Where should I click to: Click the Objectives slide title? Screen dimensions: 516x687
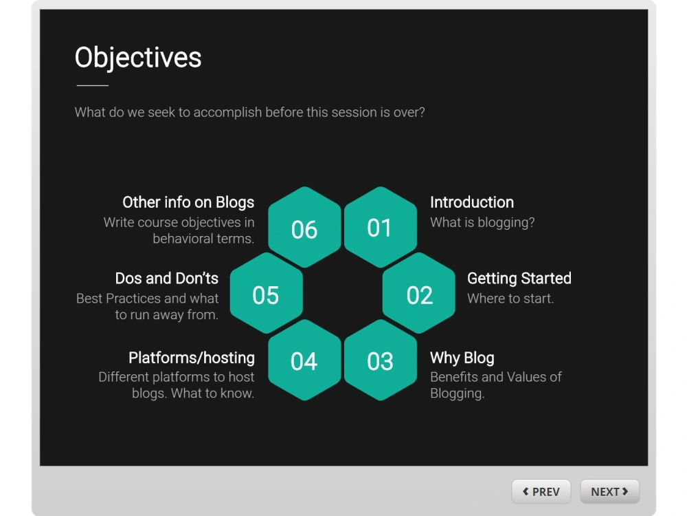138,58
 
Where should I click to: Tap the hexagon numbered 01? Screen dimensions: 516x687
380,228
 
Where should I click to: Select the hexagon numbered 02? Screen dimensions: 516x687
419,294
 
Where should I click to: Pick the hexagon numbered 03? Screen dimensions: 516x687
380,361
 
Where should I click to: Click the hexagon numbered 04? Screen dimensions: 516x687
304,361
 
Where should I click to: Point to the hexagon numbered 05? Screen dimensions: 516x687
266,294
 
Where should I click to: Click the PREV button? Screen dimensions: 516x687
541,491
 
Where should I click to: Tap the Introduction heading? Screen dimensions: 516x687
471,202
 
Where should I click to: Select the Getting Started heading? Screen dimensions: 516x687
519,279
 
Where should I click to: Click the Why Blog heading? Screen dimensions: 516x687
462,358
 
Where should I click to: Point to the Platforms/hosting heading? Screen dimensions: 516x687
191,358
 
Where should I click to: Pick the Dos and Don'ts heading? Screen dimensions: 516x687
166,279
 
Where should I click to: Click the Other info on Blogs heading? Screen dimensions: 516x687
188,202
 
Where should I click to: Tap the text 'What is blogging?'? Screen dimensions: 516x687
482,222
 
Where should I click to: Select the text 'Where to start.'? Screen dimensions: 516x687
510,299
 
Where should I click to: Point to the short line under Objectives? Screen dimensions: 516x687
92,85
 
